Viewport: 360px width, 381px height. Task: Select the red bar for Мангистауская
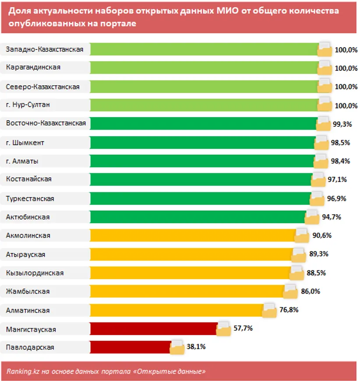coord(153,329)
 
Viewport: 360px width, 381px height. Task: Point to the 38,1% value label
coord(197,347)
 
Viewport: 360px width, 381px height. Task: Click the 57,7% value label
coord(242,328)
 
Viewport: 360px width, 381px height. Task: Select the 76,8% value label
coord(289,310)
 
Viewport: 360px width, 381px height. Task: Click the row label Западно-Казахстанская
coord(45,49)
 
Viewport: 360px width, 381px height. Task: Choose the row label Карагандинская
coord(33,68)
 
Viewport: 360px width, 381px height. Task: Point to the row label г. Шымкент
coord(25,143)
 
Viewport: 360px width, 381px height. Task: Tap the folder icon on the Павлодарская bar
coord(178,347)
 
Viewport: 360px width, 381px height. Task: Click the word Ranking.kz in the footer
coord(21,371)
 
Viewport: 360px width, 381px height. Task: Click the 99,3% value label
coord(342,124)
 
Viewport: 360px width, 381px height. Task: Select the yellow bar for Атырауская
coord(191,254)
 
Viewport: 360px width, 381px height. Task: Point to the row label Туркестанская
coord(30,199)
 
